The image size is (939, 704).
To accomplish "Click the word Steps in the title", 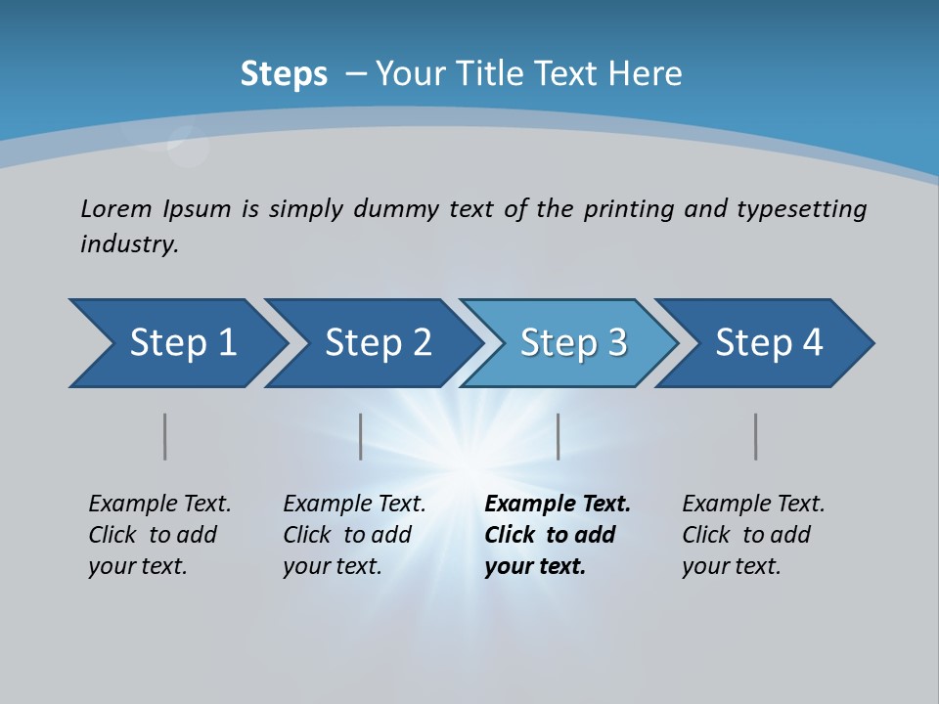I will [284, 74].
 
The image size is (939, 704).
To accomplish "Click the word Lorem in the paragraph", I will [116, 208].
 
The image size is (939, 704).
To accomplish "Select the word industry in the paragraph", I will [129, 244].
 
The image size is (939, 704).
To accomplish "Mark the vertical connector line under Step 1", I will [165, 436].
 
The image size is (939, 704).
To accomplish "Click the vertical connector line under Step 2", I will [361, 436].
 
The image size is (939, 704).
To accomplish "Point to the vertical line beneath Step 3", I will [558, 436].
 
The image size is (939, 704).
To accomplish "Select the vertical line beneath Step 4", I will [755, 436].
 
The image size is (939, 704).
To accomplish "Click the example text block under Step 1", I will [159, 535].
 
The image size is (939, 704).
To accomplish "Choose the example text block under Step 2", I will [354, 535].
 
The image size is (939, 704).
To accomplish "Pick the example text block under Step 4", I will [753, 535].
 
